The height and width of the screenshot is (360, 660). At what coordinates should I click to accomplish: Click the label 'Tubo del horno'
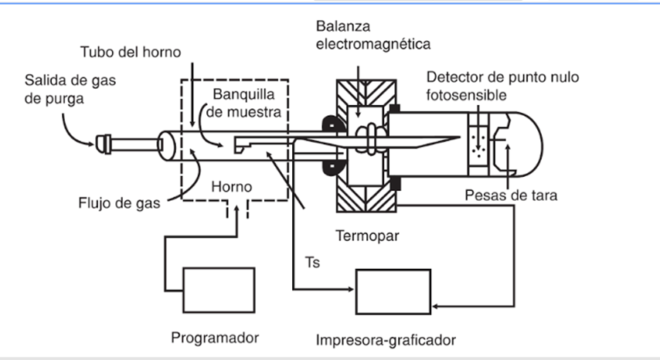point(131,53)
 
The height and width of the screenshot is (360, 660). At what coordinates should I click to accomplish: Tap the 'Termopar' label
point(367,235)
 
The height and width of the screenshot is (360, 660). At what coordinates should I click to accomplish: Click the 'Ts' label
point(313,263)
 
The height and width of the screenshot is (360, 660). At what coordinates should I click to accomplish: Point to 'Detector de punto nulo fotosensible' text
point(502,86)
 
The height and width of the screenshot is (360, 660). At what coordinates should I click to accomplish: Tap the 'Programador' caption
point(214,338)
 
